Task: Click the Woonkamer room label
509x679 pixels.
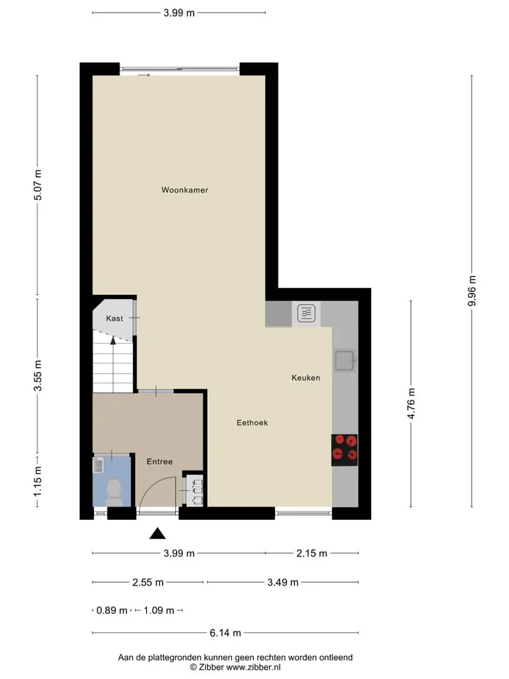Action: coord(185,190)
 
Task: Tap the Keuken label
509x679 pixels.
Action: coord(306,378)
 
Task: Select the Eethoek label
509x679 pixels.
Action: coord(252,423)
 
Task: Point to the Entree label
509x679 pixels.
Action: coord(160,462)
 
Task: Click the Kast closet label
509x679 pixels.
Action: coord(115,318)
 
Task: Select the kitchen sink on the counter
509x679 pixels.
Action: coord(344,361)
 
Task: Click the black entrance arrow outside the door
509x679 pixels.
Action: coord(158,533)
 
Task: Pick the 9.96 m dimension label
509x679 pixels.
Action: coord(472,291)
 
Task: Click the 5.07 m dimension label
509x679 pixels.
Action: coord(37,185)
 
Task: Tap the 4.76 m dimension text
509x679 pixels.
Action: coord(411,404)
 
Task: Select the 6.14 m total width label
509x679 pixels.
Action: coord(225,632)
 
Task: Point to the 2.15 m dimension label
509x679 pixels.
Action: coord(312,553)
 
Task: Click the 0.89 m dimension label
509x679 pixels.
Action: coord(112,610)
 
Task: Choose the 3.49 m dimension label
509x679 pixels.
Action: coord(283,582)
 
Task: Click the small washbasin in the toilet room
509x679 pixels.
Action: coord(98,465)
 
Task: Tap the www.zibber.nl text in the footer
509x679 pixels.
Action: coord(253,667)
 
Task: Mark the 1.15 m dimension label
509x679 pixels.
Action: coord(37,481)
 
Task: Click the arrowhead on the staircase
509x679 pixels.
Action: coord(113,340)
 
